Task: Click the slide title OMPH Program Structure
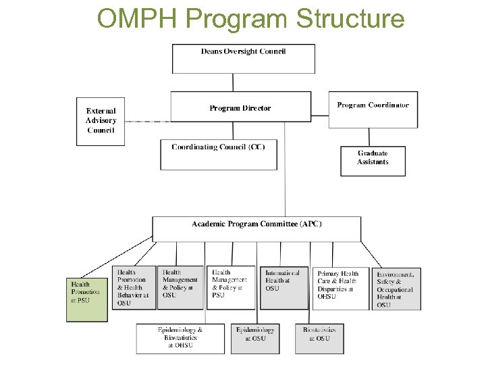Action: point(250,19)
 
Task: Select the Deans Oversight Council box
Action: point(243,58)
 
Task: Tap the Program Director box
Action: point(240,107)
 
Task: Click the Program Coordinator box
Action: point(373,109)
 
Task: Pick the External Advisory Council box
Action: point(101,121)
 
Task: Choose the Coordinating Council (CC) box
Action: point(218,154)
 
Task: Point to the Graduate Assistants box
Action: point(373,161)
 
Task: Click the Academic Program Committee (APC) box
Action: point(256,228)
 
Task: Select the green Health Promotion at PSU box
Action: point(87,298)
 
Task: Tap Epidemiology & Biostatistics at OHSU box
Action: point(180,338)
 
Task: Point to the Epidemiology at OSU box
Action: point(255,338)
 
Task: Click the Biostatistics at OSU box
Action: point(319,338)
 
